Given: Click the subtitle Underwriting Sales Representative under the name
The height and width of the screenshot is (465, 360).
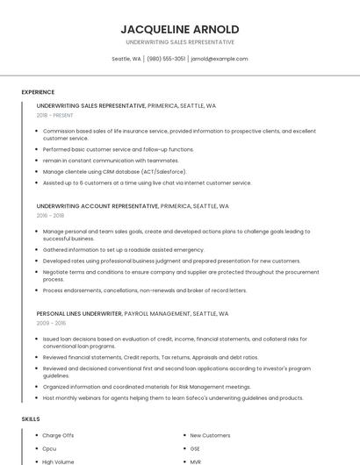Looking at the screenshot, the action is click(x=180, y=41).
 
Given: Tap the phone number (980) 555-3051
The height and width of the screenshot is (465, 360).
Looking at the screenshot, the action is click(x=166, y=59).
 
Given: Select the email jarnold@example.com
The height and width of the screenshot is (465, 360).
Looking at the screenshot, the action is click(x=219, y=59).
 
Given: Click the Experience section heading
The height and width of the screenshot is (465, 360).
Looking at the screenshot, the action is click(x=38, y=92).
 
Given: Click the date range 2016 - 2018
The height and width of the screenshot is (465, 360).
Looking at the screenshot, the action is click(x=50, y=215).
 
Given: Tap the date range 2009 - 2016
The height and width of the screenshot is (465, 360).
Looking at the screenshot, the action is click(x=50, y=322).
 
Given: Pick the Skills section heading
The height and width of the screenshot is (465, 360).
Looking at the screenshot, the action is click(x=31, y=419).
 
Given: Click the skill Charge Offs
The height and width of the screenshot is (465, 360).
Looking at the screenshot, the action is click(x=58, y=435).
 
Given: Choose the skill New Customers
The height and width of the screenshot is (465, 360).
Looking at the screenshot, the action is click(x=210, y=435).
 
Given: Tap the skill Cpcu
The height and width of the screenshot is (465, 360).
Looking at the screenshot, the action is click(x=49, y=448).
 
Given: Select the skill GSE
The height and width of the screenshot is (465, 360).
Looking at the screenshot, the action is click(x=196, y=448).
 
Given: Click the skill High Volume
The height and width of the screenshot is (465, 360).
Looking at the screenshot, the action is click(x=58, y=461).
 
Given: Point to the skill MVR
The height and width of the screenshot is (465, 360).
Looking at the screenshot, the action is click(x=196, y=461).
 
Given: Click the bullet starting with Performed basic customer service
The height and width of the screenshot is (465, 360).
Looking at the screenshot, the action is click(x=118, y=149).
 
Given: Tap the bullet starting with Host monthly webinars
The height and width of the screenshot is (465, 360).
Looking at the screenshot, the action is click(x=172, y=397).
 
